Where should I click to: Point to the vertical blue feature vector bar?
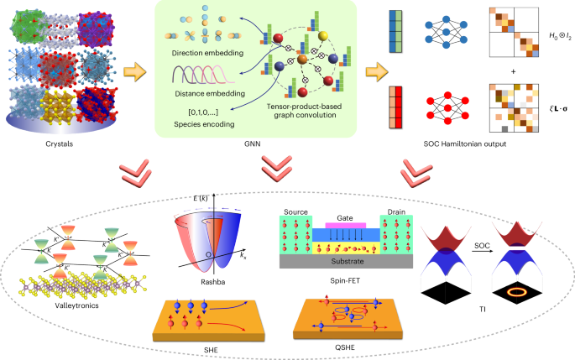397,32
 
